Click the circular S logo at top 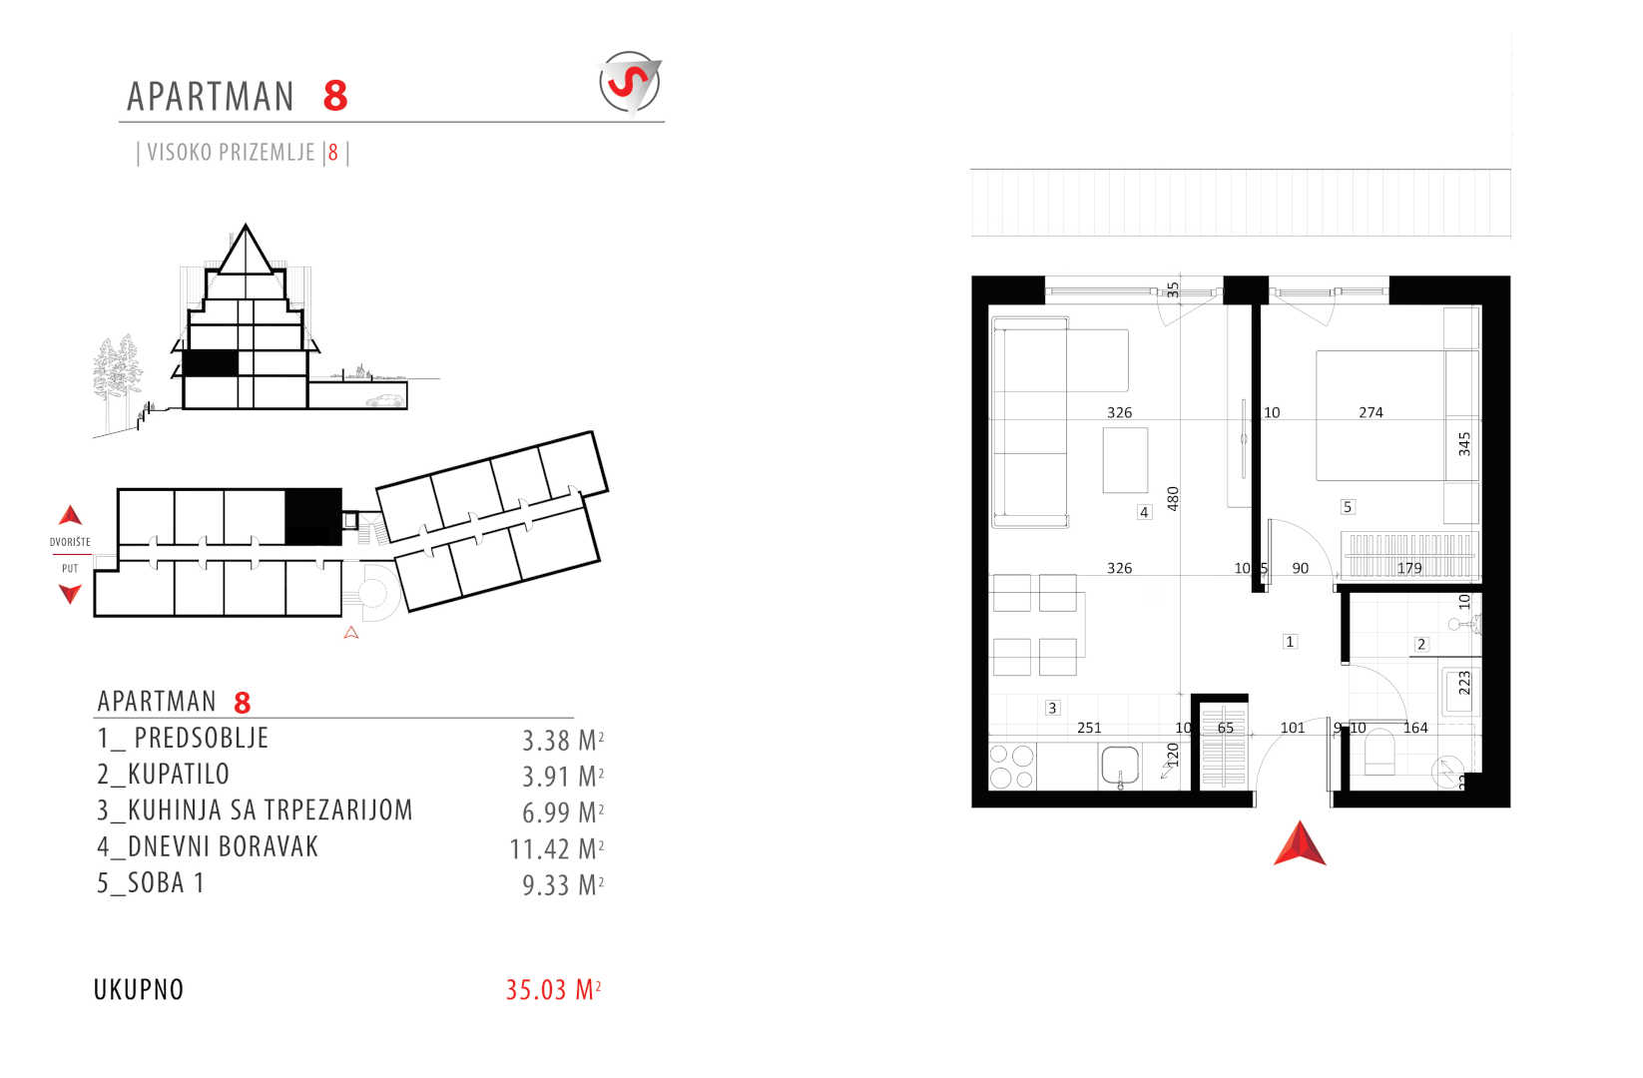(629, 82)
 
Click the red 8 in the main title (335, 96)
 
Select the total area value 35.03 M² (554, 990)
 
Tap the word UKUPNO (139, 990)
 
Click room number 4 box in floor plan (1144, 513)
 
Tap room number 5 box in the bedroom (1348, 507)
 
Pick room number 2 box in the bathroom (1421, 645)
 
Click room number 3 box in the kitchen (1052, 709)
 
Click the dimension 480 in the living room (1173, 499)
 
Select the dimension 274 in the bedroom (1370, 413)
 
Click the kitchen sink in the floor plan (1120, 767)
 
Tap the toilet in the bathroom (1379, 752)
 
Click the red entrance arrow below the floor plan (1300, 843)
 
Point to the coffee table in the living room (1125, 461)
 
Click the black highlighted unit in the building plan (313, 517)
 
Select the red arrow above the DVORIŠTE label (71, 515)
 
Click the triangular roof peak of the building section (246, 250)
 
